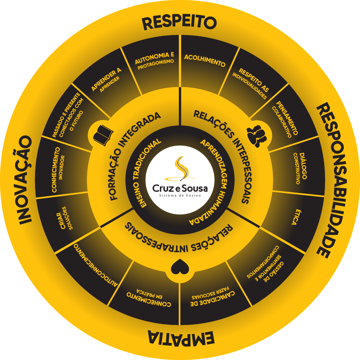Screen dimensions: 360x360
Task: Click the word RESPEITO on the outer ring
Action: [179, 22]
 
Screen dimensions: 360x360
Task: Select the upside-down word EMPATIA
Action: [181, 338]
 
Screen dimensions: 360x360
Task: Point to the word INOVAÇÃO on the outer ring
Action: [25, 180]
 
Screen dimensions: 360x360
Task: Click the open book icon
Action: [103, 136]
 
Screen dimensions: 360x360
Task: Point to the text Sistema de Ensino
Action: [180, 196]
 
